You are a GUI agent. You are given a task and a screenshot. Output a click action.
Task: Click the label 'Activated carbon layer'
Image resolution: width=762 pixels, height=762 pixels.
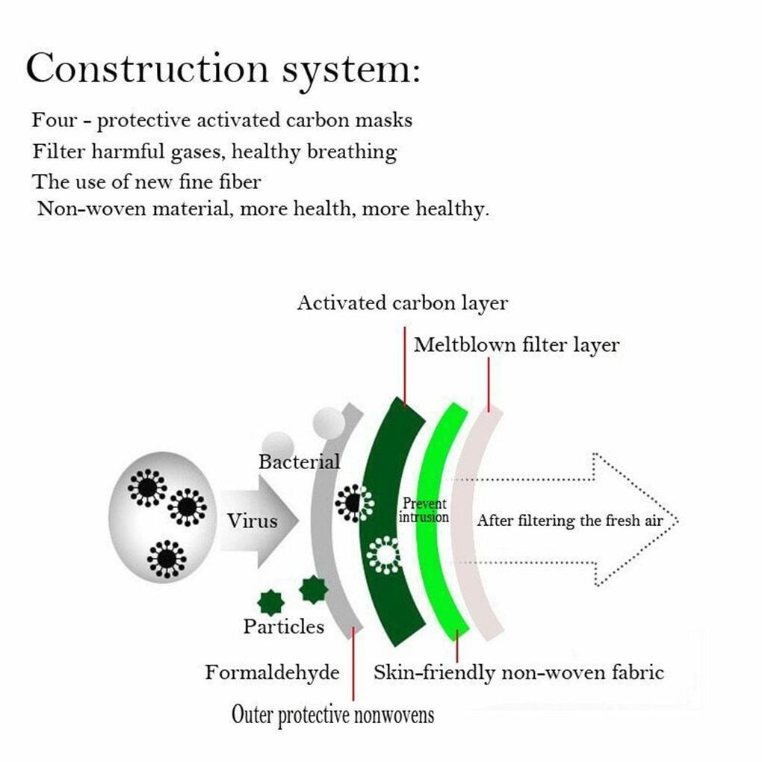tap(403, 303)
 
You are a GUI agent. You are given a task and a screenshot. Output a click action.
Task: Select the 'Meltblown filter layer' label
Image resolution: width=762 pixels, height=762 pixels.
tap(516, 346)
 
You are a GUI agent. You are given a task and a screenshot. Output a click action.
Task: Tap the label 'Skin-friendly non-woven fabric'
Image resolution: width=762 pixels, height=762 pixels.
tap(518, 673)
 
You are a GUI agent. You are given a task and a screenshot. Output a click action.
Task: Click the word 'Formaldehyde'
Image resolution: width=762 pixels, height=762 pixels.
tap(272, 673)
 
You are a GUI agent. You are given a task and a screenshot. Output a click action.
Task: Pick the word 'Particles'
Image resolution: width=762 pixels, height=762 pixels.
tap(284, 627)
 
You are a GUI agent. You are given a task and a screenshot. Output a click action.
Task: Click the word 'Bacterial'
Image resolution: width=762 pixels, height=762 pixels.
tap(300, 462)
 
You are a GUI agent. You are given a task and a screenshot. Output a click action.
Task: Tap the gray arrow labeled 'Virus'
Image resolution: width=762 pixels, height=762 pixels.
tap(258, 521)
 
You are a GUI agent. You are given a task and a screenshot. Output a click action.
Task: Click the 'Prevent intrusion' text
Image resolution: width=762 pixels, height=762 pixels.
tap(424, 510)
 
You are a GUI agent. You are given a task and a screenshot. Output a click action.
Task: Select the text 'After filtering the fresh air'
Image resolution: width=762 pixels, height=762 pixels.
tap(570, 521)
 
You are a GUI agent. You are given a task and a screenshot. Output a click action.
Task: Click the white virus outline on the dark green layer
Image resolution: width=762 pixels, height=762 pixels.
tap(384, 554)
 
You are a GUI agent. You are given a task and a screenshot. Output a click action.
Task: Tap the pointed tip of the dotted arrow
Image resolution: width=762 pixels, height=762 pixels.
tap(678, 521)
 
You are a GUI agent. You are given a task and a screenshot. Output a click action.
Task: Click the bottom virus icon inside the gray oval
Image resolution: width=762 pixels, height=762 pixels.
tap(167, 559)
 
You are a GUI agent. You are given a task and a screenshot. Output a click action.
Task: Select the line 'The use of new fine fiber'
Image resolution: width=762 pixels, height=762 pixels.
tap(146, 182)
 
